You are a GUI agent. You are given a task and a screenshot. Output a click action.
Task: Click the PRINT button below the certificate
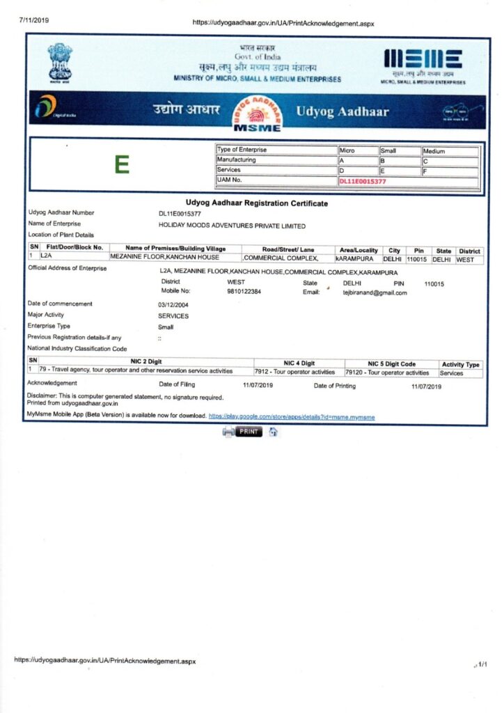click(249, 432)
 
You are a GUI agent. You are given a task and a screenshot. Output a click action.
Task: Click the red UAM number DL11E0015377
click(362, 181)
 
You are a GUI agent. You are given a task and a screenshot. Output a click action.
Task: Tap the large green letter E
click(123, 165)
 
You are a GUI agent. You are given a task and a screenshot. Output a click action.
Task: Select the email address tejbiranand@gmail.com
click(375, 293)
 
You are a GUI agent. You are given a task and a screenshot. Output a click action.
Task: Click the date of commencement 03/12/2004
click(173, 304)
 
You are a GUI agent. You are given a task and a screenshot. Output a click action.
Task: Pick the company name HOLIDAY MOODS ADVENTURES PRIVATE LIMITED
click(232, 226)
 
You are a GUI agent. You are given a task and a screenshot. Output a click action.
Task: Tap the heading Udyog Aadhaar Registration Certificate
click(257, 203)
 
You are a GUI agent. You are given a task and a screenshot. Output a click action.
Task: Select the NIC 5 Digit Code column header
click(391, 363)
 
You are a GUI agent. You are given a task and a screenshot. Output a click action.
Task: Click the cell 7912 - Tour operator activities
click(295, 373)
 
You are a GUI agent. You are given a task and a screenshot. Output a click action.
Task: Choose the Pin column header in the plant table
click(418, 250)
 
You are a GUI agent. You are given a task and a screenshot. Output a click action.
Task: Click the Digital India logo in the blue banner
click(54, 108)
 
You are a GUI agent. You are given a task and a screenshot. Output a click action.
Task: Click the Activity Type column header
click(460, 364)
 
